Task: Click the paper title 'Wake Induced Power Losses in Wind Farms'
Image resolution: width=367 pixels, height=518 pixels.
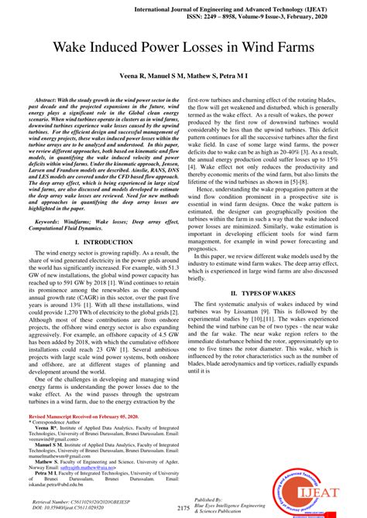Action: coord(183,48)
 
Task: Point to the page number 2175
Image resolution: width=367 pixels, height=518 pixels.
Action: coord(183,508)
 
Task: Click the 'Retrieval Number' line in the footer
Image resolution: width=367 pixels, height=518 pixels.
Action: coord(98,503)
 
